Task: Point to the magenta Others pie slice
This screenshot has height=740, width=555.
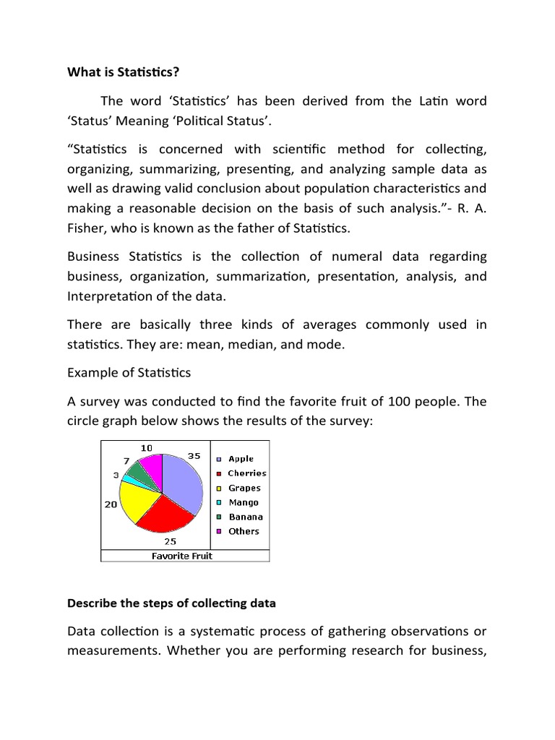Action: pyautogui.click(x=152, y=465)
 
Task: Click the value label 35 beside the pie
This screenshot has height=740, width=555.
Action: pyautogui.click(x=194, y=456)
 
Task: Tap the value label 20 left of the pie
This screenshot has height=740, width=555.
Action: pyautogui.click(x=111, y=504)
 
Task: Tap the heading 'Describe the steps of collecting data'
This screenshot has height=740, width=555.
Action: pyautogui.click(x=171, y=603)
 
